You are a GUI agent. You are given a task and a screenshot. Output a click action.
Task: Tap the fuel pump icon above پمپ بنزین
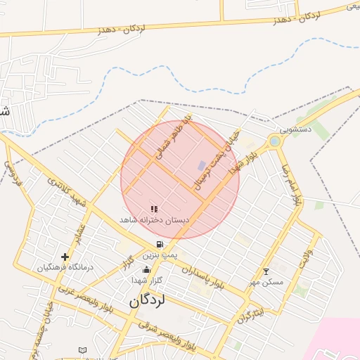tap(160, 245)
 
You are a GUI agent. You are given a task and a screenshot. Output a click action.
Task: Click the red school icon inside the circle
tap(154, 209)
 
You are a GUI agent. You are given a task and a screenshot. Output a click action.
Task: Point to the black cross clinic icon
tap(65, 257)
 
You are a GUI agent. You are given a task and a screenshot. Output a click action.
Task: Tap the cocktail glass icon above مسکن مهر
tap(266, 271)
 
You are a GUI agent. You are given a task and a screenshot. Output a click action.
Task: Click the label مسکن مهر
tap(266, 282)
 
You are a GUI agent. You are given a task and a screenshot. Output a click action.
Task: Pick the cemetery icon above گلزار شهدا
tap(146, 270)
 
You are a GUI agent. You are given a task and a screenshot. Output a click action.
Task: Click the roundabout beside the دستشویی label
tap(274, 141)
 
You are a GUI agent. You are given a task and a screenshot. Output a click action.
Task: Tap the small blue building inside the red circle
tap(202, 166)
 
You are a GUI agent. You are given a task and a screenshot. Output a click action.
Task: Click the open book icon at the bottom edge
tap(82, 350)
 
